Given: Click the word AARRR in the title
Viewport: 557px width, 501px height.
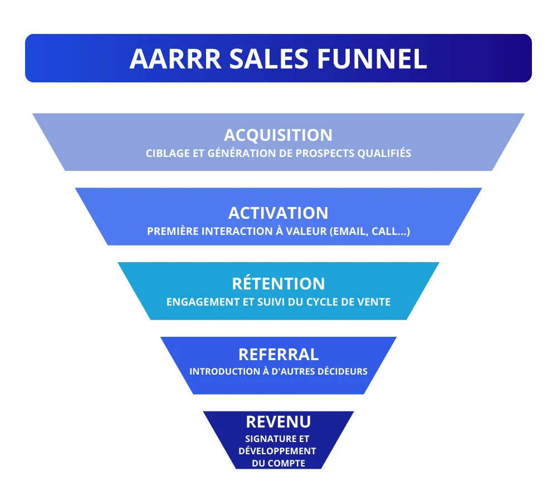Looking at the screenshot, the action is coord(175,58).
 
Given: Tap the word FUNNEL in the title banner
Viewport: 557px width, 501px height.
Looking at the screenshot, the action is coord(372,58).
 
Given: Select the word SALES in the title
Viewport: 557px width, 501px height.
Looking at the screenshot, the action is coord(269,58).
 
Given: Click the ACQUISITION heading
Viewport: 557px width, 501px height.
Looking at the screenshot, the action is coord(278,135).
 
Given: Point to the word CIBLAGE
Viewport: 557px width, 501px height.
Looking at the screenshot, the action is coord(168,154).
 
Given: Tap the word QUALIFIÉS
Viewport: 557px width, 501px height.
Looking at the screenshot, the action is coord(384,154).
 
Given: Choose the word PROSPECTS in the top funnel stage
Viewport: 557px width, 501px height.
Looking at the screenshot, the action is coord(325,154).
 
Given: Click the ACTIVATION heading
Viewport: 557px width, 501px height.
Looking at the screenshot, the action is coord(278,213).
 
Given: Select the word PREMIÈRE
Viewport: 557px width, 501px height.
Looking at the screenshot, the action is coord(173,231).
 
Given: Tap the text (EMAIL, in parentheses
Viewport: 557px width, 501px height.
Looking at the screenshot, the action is coord(349,232).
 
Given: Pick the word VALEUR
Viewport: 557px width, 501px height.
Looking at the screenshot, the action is coord(306,232).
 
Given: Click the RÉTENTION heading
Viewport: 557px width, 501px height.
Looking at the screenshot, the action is coord(278,283).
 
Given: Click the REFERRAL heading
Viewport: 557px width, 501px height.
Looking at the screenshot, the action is coord(278,355).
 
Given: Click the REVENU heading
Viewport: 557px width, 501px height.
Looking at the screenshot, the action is coord(278,422).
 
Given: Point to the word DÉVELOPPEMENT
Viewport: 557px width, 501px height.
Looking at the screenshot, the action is coord(277,451).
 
